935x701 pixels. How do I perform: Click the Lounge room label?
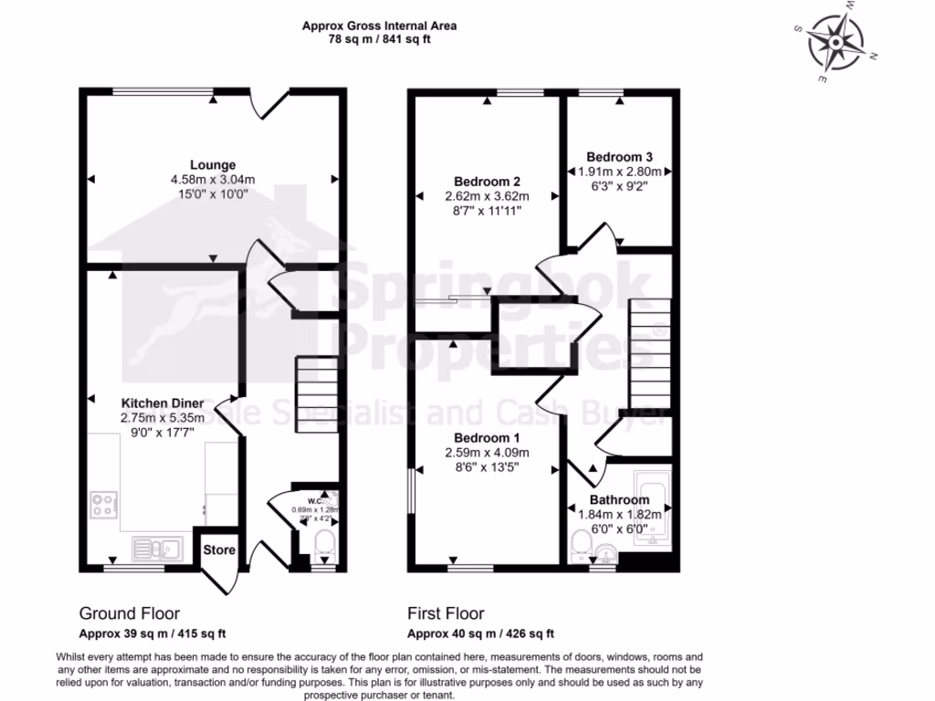click(213, 164)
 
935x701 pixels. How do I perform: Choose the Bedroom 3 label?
click(619, 156)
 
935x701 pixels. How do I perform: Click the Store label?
click(219, 550)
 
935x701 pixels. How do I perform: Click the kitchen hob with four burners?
click(104, 505)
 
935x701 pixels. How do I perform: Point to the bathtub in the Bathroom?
click(653, 508)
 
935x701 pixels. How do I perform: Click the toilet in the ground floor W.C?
click(324, 549)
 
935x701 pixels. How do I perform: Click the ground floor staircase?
click(317, 387)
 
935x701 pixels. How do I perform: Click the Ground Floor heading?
click(129, 613)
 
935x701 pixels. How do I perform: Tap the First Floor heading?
click(446, 613)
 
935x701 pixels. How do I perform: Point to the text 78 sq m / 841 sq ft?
click(379, 40)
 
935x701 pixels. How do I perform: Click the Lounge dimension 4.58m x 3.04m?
click(213, 180)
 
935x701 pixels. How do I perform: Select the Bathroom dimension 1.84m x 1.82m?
click(619, 514)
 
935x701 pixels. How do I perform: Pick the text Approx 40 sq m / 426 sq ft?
click(480, 633)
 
